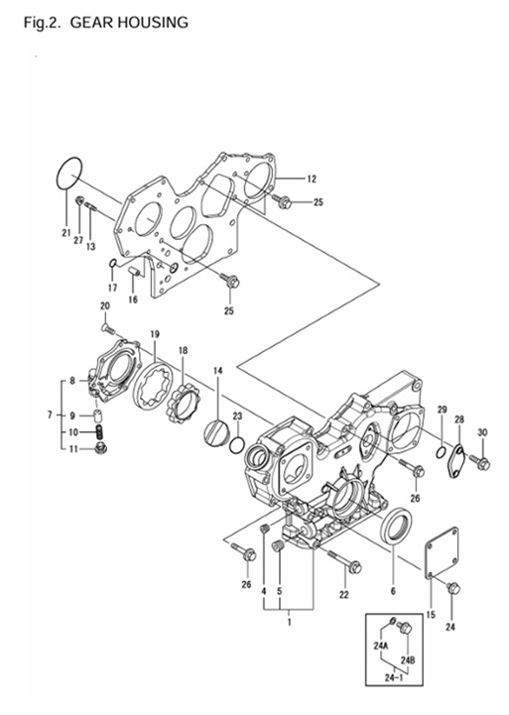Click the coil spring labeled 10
[x=99, y=432]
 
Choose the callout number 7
[x=49, y=414]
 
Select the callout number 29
[x=443, y=410]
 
